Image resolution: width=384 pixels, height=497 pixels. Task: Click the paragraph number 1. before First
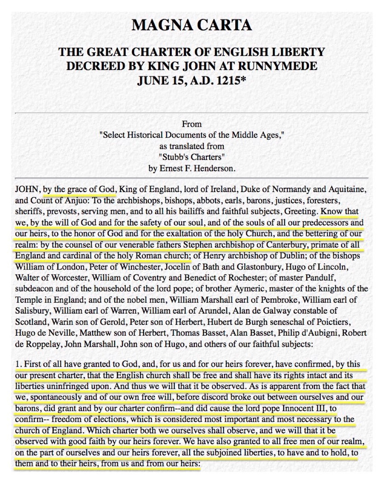(x=19, y=364)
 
